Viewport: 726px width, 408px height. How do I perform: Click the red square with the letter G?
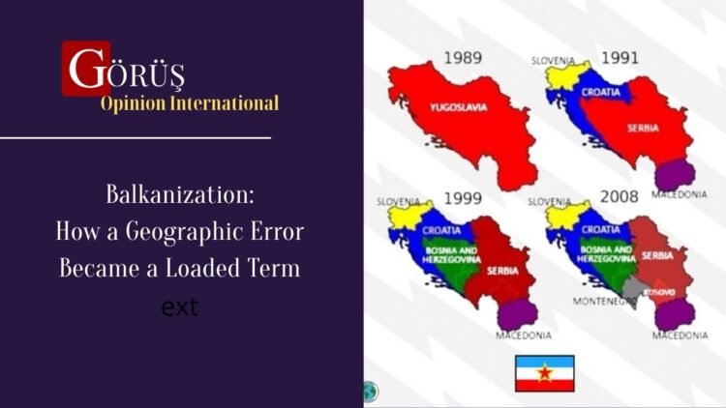(85, 68)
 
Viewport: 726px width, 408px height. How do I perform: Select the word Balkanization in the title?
(180, 195)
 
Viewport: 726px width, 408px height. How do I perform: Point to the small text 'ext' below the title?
(180, 308)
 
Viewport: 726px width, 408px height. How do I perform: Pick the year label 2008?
(620, 196)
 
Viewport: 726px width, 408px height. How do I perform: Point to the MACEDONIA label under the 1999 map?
(523, 335)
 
